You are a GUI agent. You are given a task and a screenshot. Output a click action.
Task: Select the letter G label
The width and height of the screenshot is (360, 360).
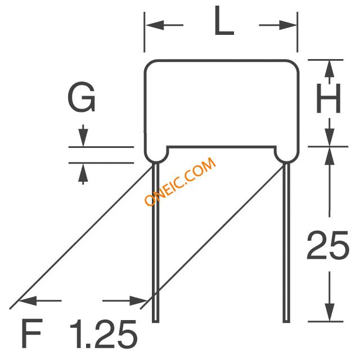(x=82, y=100)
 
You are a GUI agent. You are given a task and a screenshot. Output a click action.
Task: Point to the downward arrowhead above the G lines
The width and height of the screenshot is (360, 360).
(x=83, y=138)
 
